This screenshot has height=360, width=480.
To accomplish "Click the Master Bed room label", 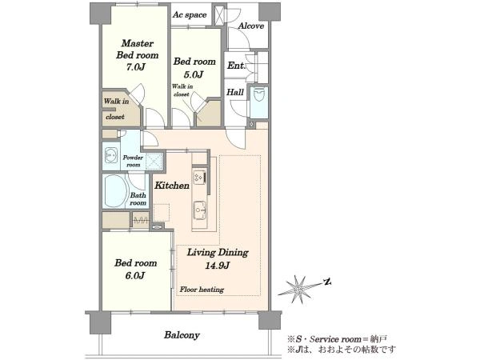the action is pos(138,49).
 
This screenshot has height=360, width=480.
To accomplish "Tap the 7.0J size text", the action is pos(136,67).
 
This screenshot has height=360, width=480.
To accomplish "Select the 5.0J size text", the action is pos(194,74).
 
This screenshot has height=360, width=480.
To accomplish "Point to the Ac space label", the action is pos(190,15).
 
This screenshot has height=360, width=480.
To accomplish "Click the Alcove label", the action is pos(251,26).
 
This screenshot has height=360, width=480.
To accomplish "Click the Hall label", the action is pos(235,92).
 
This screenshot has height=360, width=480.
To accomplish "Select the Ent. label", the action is pos(236,66).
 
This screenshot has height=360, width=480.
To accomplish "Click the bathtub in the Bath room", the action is pos(116,191).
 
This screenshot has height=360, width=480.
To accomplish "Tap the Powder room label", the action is pos(133,161).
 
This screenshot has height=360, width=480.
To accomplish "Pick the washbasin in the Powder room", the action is pos(111,156).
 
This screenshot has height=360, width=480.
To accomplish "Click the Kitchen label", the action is pos(172,186).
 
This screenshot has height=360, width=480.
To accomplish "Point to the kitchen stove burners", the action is pos(199,177).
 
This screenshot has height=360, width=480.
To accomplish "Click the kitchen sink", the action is pos(200,210).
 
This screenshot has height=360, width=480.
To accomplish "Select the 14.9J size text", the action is pos(218,266).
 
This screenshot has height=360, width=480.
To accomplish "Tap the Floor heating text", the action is pos(202,290).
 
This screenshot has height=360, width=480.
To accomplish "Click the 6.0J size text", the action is pos(135,276).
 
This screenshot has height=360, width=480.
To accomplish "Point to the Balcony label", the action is pos(182,335).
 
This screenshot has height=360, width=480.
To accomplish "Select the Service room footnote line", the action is pos(337,339).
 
